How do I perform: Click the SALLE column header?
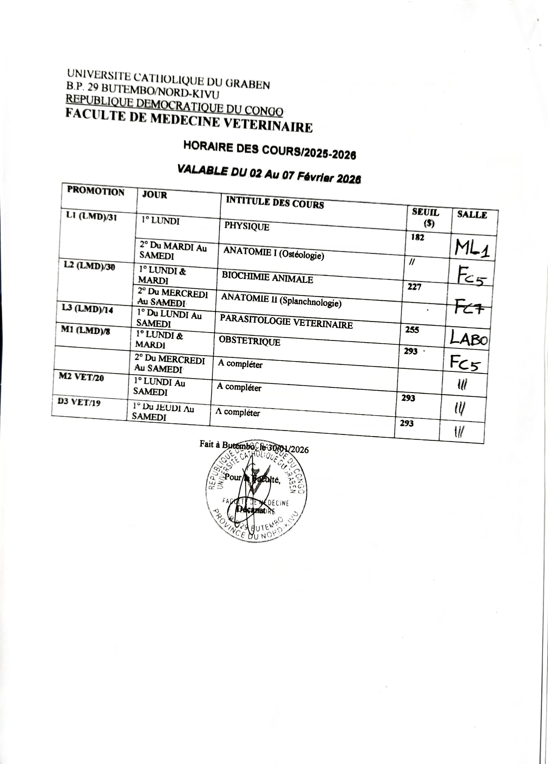pyautogui.click(x=472, y=215)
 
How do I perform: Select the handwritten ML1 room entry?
pyautogui.click(x=472, y=248)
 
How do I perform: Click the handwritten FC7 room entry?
pyautogui.click(x=469, y=307)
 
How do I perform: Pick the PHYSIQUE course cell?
pyautogui.click(x=247, y=227)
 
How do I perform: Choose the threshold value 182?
pyautogui.click(x=417, y=238)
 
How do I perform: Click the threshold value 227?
pyautogui.click(x=414, y=287)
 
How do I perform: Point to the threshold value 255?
pyautogui.click(x=412, y=330)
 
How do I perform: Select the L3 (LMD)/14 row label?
pyautogui.click(x=87, y=309)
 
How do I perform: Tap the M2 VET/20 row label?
pyautogui.click(x=81, y=377)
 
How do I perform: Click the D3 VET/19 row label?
pyautogui.click(x=79, y=402)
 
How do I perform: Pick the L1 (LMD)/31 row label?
pyautogui.click(x=92, y=217)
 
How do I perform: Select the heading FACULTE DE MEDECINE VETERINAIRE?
pyautogui.click(x=189, y=121)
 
